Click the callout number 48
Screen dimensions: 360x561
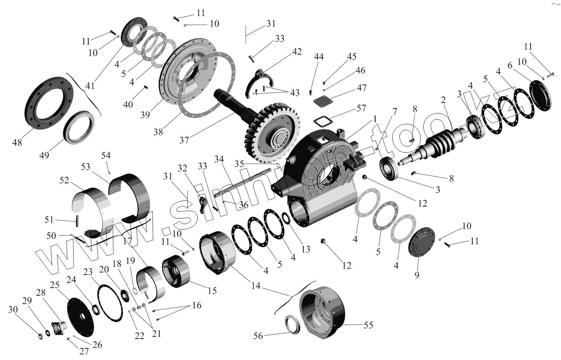pyautogui.click(x=17, y=142)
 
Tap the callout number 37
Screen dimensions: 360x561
pyautogui.click(x=184, y=140)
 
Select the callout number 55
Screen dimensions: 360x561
pyautogui.click(x=368, y=325)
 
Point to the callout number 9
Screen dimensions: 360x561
pyautogui.click(x=417, y=275)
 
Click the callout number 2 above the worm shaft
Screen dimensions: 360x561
pyautogui.click(x=443, y=100)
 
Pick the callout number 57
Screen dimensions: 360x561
pyautogui.click(x=361, y=109)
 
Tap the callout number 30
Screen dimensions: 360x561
pyautogui.click(x=13, y=309)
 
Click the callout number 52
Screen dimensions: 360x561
pyautogui.click(x=64, y=180)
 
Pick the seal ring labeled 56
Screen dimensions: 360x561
pyautogui.click(x=292, y=324)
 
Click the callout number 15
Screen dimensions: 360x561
pyautogui.click(x=212, y=291)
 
